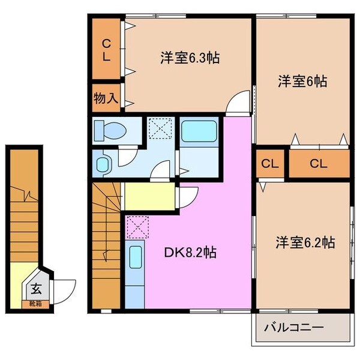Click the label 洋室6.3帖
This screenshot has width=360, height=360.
coord(189,58)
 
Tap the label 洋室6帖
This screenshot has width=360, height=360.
coord(302,81)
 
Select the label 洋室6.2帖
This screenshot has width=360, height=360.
coord(305,242)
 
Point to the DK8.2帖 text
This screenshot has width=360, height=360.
coord(190,253)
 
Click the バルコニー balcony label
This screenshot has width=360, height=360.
coord(294,328)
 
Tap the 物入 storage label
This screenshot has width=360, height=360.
coord(106,97)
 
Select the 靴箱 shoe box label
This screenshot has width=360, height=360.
coord(36,304)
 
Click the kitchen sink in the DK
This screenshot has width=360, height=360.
coord(135,259)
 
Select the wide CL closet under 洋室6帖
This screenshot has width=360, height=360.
coord(319,164)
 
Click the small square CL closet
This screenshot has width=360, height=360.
coord(269,164)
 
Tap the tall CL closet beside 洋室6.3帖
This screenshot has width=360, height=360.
coord(106,50)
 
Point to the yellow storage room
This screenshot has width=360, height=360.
coord(150,196)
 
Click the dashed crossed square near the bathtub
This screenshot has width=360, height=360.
coord(161,128)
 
